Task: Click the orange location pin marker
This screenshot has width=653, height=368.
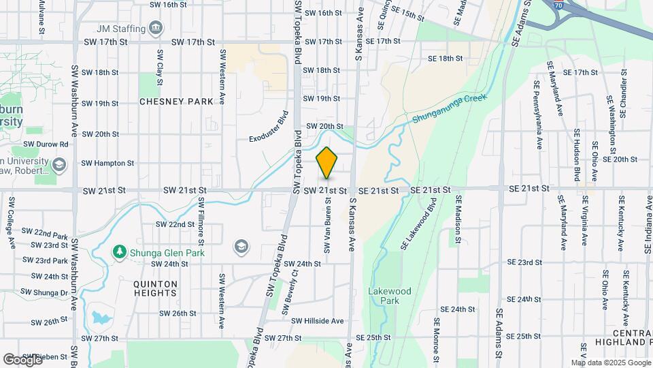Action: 327,163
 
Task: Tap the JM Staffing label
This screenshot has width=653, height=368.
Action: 121,29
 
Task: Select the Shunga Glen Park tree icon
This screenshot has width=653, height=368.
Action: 120,251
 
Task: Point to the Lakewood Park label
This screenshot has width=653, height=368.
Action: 389,295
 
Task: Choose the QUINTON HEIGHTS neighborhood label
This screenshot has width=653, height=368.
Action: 155,288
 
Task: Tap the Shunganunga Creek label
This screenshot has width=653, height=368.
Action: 450,109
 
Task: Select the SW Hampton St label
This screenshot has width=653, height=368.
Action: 107,164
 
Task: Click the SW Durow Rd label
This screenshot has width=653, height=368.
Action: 46,144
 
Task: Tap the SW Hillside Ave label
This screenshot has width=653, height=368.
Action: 318,321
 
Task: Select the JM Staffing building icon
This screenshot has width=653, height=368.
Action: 157,29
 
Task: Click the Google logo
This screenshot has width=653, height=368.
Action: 22,359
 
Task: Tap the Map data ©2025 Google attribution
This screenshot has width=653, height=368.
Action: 610,363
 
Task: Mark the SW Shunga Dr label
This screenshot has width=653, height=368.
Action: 46,293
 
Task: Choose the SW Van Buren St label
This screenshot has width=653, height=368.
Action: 327,229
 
